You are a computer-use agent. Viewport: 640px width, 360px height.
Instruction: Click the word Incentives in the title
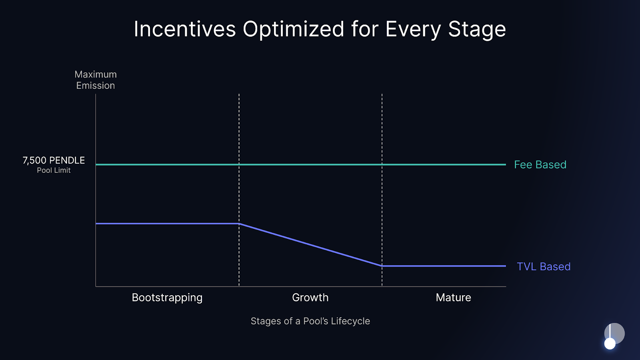tap(185, 29)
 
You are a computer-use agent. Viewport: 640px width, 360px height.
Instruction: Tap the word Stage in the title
tap(477, 29)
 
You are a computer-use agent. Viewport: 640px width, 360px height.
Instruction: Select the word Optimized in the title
tap(293, 29)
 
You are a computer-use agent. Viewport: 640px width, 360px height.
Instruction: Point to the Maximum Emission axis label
tap(96, 80)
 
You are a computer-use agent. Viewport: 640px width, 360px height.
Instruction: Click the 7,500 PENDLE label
tap(54, 160)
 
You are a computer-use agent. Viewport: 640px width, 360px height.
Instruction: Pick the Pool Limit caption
tap(54, 170)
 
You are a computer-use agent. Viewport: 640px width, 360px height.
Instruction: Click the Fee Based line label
tap(540, 165)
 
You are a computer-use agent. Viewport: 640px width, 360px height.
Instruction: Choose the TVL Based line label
tap(544, 267)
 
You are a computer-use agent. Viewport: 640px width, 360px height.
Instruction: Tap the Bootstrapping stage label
tap(167, 298)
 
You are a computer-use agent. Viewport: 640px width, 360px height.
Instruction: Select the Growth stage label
tap(310, 298)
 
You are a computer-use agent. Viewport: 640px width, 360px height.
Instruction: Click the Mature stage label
tap(453, 298)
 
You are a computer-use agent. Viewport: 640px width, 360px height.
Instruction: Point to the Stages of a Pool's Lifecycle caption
tap(310, 321)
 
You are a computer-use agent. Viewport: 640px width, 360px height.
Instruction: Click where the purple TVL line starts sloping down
tap(239, 224)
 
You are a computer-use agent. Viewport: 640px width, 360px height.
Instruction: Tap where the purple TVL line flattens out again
tap(382, 266)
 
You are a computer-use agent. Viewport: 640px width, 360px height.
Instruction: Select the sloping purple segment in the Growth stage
tap(310, 245)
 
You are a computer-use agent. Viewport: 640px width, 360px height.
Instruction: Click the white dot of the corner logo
tap(610, 344)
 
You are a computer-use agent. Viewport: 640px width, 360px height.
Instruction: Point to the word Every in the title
tap(413, 29)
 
